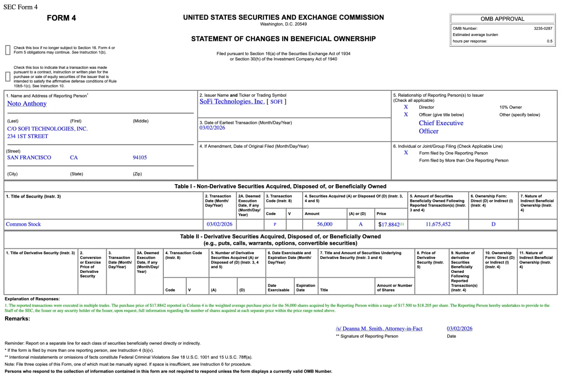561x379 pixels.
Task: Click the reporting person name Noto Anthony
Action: pyautogui.click(x=27, y=104)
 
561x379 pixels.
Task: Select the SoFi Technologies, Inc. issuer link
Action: pyautogui.click(x=232, y=101)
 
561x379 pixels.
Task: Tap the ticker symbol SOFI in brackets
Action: pyautogui.click(x=276, y=102)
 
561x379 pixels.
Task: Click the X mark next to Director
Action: pyautogui.click(x=406, y=107)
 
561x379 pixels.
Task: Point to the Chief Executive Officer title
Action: pyautogui.click(x=440, y=127)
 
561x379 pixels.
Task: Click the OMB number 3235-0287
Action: pyautogui.click(x=543, y=29)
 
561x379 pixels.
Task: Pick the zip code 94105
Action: pyautogui.click(x=139, y=157)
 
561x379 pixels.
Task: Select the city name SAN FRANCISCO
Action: pyautogui.click(x=29, y=157)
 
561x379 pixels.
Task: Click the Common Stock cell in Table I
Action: pyautogui.click(x=23, y=224)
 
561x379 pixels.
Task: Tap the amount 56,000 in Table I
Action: pyautogui.click(x=324, y=224)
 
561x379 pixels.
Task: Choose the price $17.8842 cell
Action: pyautogui.click(x=389, y=224)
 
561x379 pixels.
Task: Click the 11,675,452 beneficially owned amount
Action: pyautogui.click(x=438, y=224)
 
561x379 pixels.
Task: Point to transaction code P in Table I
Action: pyautogui.click(x=275, y=225)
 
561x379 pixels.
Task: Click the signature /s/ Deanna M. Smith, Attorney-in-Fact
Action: pyautogui.click(x=379, y=329)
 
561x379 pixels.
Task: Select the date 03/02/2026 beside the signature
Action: pyautogui.click(x=459, y=329)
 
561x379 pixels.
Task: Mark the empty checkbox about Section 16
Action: pyautogui.click(x=7, y=50)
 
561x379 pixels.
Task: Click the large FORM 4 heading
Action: pyautogui.click(x=61, y=18)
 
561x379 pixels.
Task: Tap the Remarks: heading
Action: pyautogui.click(x=17, y=319)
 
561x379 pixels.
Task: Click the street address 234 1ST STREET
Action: pyautogui.click(x=28, y=136)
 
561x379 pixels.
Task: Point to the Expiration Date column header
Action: pyautogui.click(x=305, y=287)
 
